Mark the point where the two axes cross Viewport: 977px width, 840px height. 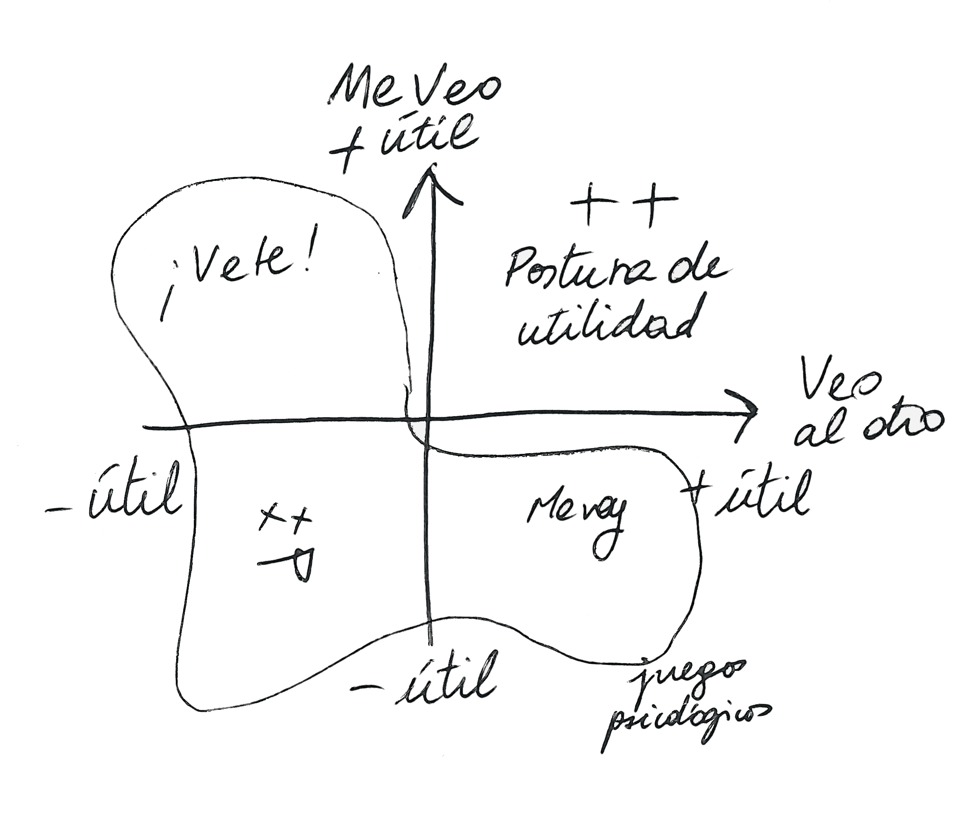(x=428, y=417)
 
